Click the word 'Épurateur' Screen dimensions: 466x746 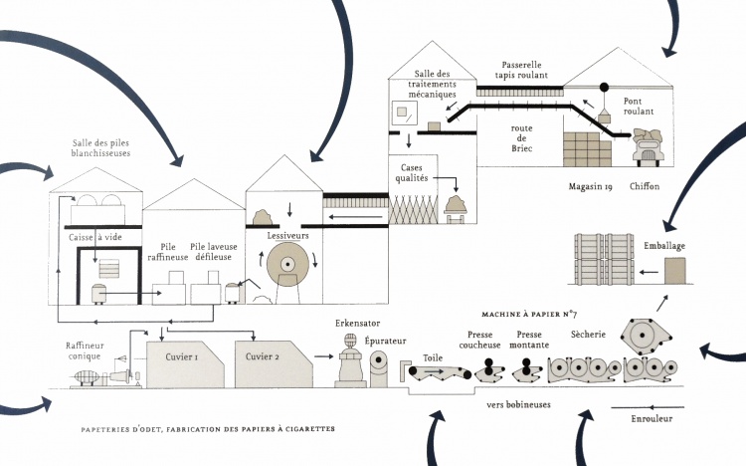384,341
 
